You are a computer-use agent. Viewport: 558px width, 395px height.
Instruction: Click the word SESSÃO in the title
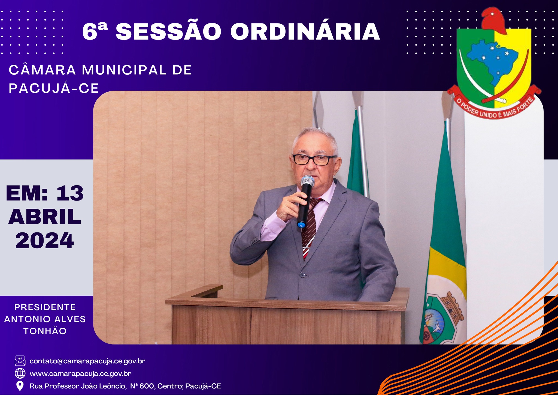[168, 32]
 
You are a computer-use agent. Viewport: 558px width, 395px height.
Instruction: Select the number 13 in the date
[70, 193]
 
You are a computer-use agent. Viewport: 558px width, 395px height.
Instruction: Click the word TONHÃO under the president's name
[45, 331]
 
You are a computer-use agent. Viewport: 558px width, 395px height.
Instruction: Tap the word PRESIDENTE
[45, 307]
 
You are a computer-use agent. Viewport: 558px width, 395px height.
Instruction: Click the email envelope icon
[20, 361]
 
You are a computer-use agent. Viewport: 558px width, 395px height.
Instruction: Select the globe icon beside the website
[20, 373]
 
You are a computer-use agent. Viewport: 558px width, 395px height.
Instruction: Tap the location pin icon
[20, 386]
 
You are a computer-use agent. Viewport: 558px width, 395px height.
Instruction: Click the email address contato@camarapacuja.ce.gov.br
[87, 361]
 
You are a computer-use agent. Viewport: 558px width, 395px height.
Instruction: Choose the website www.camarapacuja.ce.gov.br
[80, 373]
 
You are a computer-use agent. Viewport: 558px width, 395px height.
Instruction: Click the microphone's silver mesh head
[308, 181]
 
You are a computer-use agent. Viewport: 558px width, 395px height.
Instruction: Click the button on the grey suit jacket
[302, 274]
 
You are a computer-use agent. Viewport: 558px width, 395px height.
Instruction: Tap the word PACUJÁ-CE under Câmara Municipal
[54, 88]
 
